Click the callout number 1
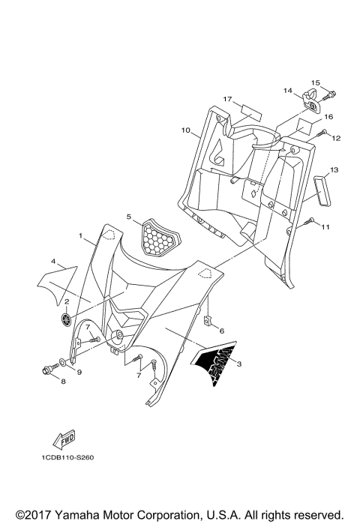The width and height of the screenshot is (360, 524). click(x=80, y=236)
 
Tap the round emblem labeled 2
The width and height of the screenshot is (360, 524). click(x=67, y=319)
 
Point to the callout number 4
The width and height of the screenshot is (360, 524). click(x=54, y=262)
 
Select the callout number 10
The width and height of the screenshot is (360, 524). click(x=185, y=130)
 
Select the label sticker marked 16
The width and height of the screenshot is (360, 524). click(x=307, y=122)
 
